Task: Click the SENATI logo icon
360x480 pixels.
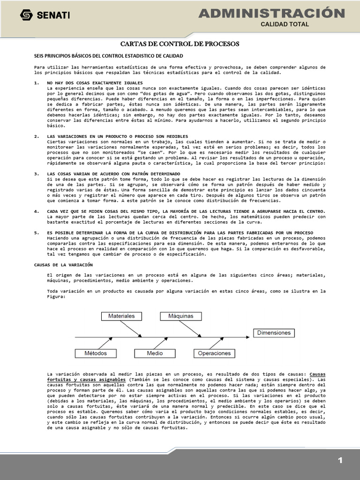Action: (26, 15)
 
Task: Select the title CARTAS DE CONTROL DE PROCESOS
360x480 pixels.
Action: (180, 44)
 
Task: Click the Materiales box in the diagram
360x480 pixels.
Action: (121, 316)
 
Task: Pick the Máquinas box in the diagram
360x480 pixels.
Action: (180, 316)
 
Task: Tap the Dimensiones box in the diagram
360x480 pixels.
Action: (274, 333)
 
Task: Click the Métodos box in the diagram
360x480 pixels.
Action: (96, 353)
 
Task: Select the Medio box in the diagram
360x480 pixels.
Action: (155, 353)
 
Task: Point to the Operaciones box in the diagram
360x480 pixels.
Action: (214, 353)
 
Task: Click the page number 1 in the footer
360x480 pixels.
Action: (340, 461)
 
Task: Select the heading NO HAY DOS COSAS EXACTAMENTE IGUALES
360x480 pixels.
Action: (89, 83)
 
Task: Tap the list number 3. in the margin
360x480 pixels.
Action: (37, 174)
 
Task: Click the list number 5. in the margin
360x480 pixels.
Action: (37, 232)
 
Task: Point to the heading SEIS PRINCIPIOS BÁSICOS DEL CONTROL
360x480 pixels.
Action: (98, 56)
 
